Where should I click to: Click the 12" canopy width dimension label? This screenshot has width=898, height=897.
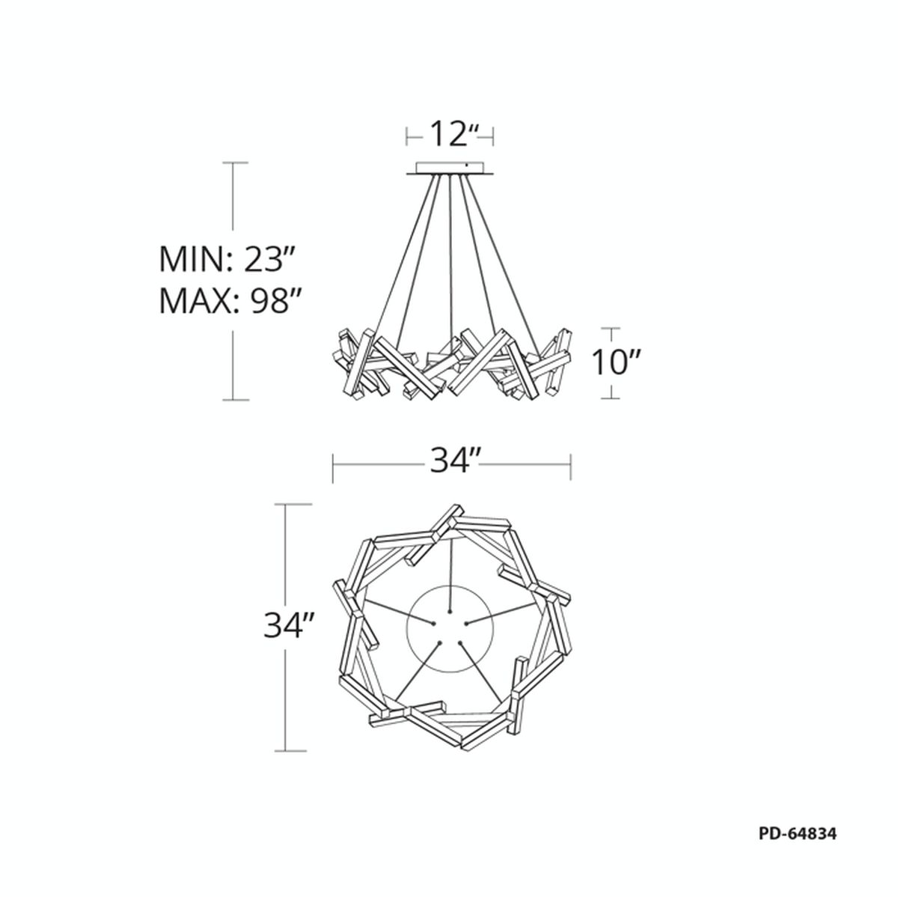click(x=450, y=134)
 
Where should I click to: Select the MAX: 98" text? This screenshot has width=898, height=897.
click(x=228, y=301)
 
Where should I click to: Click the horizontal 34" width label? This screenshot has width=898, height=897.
click(x=451, y=460)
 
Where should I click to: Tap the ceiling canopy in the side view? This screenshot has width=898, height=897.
click(x=450, y=169)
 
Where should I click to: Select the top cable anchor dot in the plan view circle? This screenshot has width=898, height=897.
click(x=450, y=610)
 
